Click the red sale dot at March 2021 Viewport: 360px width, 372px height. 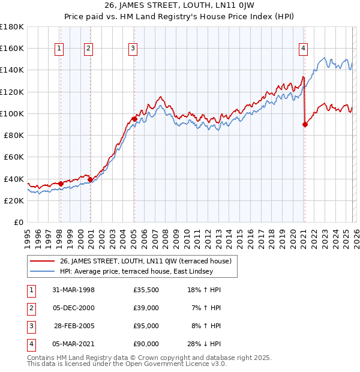(x=305, y=124)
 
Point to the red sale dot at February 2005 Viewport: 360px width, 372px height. (x=134, y=119)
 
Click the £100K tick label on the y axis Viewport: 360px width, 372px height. (x=12, y=113)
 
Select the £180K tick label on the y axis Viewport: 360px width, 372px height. (x=12, y=27)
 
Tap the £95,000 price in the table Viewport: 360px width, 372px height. (x=146, y=326)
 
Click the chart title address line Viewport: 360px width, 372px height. (x=180, y=7)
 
